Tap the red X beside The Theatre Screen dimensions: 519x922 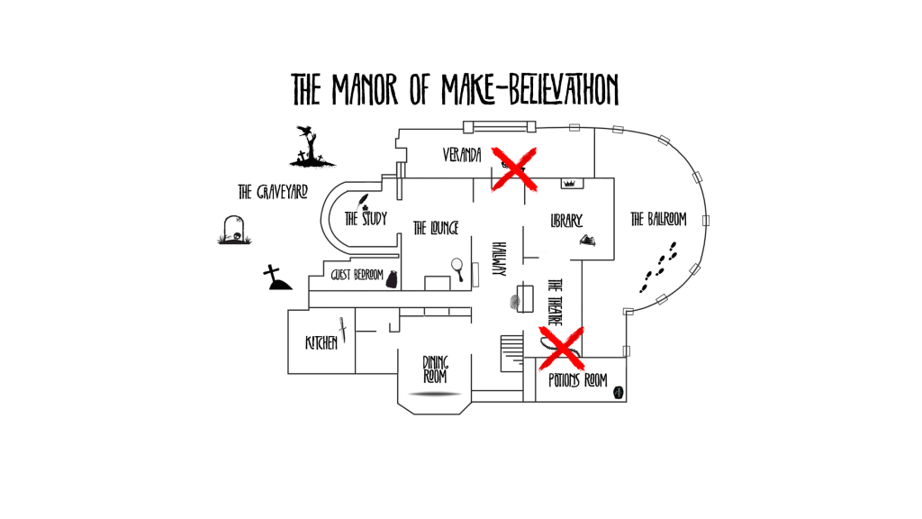(561, 348)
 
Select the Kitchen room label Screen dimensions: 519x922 (321, 342)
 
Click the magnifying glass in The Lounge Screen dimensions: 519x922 (457, 267)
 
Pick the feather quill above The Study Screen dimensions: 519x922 (365, 200)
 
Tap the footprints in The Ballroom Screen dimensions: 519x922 (658, 267)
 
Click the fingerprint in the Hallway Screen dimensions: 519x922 (516, 303)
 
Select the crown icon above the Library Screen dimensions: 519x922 (569, 183)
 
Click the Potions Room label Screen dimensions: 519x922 (577, 380)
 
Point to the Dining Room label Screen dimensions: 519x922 (435, 369)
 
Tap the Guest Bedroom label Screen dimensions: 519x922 (357, 275)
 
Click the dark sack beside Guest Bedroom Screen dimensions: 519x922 (392, 279)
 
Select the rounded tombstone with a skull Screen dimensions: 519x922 (234, 230)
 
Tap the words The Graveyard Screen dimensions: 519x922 (273, 192)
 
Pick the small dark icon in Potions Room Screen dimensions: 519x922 (619, 392)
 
